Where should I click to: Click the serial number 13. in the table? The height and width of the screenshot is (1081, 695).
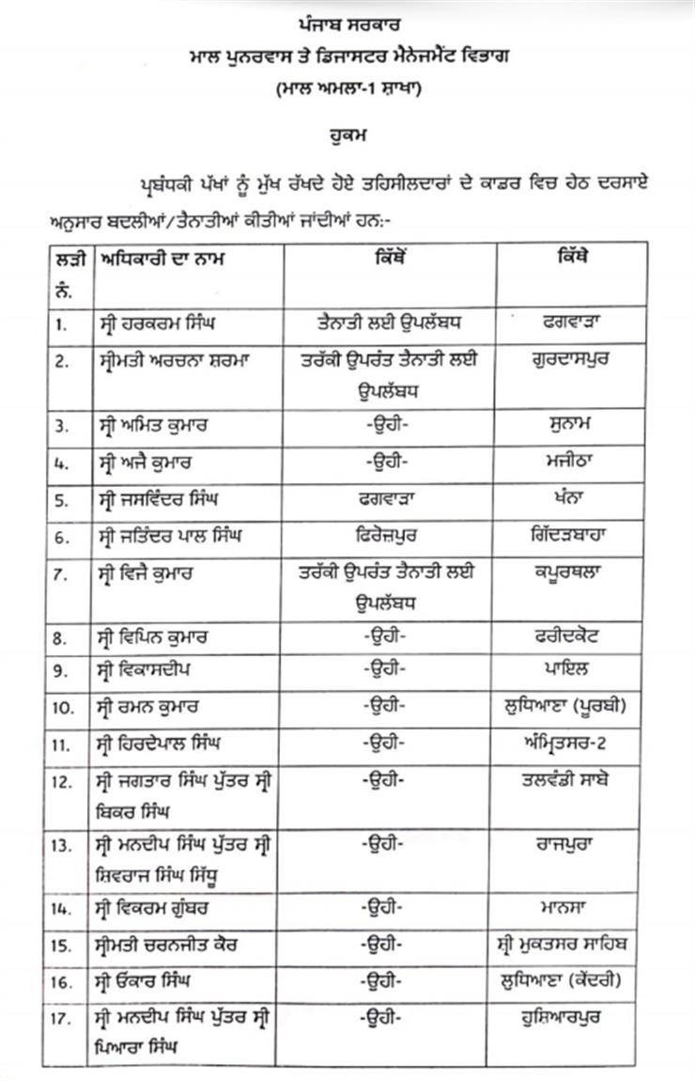(64, 845)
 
